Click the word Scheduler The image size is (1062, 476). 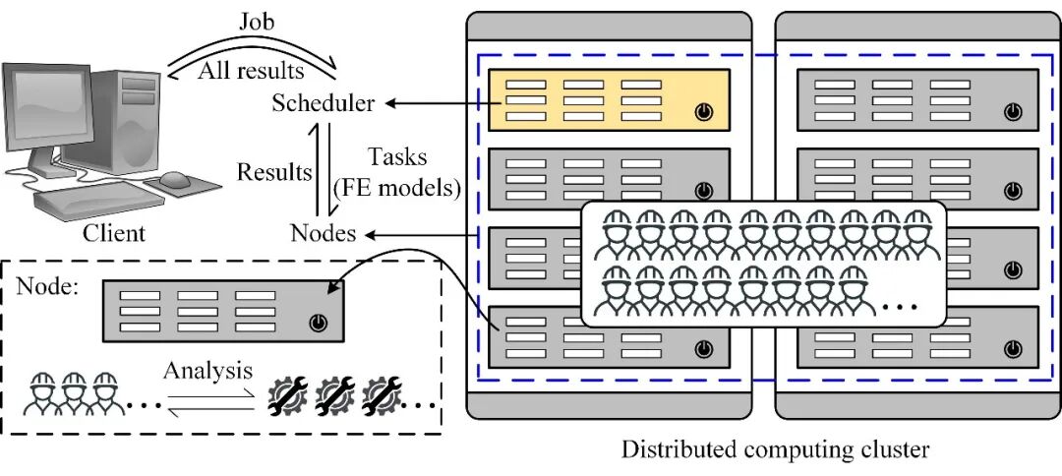click(324, 103)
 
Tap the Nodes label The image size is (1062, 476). click(324, 234)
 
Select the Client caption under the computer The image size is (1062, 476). click(113, 234)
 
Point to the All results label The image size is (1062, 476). click(251, 71)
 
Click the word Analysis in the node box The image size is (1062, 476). click(207, 372)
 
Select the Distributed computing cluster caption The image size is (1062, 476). click(775, 450)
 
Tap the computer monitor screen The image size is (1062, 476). click(58, 110)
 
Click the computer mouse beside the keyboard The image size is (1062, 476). click(176, 180)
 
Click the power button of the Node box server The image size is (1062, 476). click(317, 323)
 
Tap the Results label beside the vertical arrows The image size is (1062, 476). click(273, 173)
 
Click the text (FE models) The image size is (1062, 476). click(399, 189)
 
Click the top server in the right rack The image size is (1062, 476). click(916, 99)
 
